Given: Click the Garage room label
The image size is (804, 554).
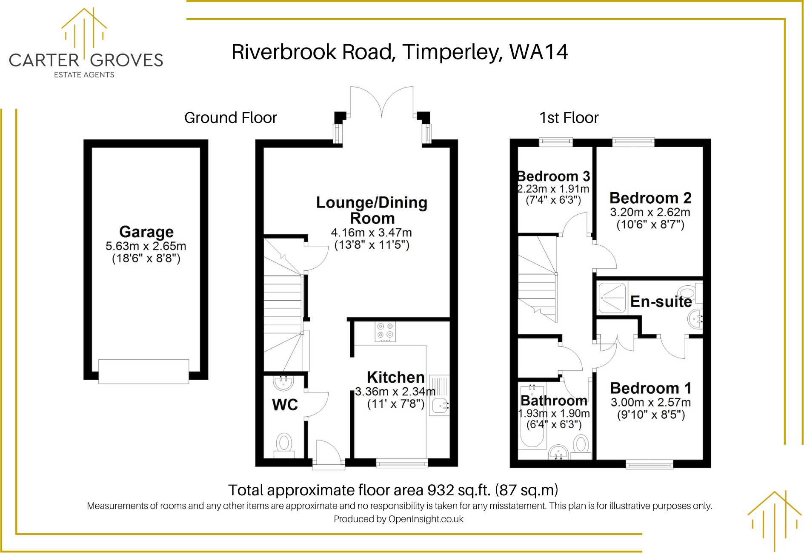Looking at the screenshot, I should tap(146, 232).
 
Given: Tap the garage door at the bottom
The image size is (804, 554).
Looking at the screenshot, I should tap(143, 371).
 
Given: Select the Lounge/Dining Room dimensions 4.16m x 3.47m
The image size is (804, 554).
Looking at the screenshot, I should tap(371, 233).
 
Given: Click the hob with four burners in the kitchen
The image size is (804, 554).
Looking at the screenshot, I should tap(385, 332).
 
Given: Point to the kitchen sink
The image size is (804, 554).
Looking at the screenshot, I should tap(440, 406).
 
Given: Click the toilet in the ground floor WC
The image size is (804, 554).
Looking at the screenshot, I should tap(284, 443).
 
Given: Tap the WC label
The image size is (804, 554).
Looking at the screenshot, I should tap(285, 404).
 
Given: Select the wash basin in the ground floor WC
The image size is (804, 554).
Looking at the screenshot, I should tap(283, 382).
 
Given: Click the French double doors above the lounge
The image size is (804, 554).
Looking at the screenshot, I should tap(381, 102).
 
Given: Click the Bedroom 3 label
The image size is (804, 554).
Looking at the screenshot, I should tap(553, 176).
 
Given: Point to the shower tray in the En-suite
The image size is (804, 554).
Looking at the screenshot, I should tap(612, 298).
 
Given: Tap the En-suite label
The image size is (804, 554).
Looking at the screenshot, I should tap(661, 301).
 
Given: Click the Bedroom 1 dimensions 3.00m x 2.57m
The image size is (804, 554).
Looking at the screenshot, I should tap(650, 402).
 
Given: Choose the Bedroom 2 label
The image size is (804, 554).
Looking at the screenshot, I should tap(650, 198).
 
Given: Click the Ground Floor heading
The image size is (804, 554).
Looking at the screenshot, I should tap(230, 118).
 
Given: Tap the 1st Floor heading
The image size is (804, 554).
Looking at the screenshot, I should tap(569, 118).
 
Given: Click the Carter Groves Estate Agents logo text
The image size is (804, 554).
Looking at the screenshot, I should tap(86, 60).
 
